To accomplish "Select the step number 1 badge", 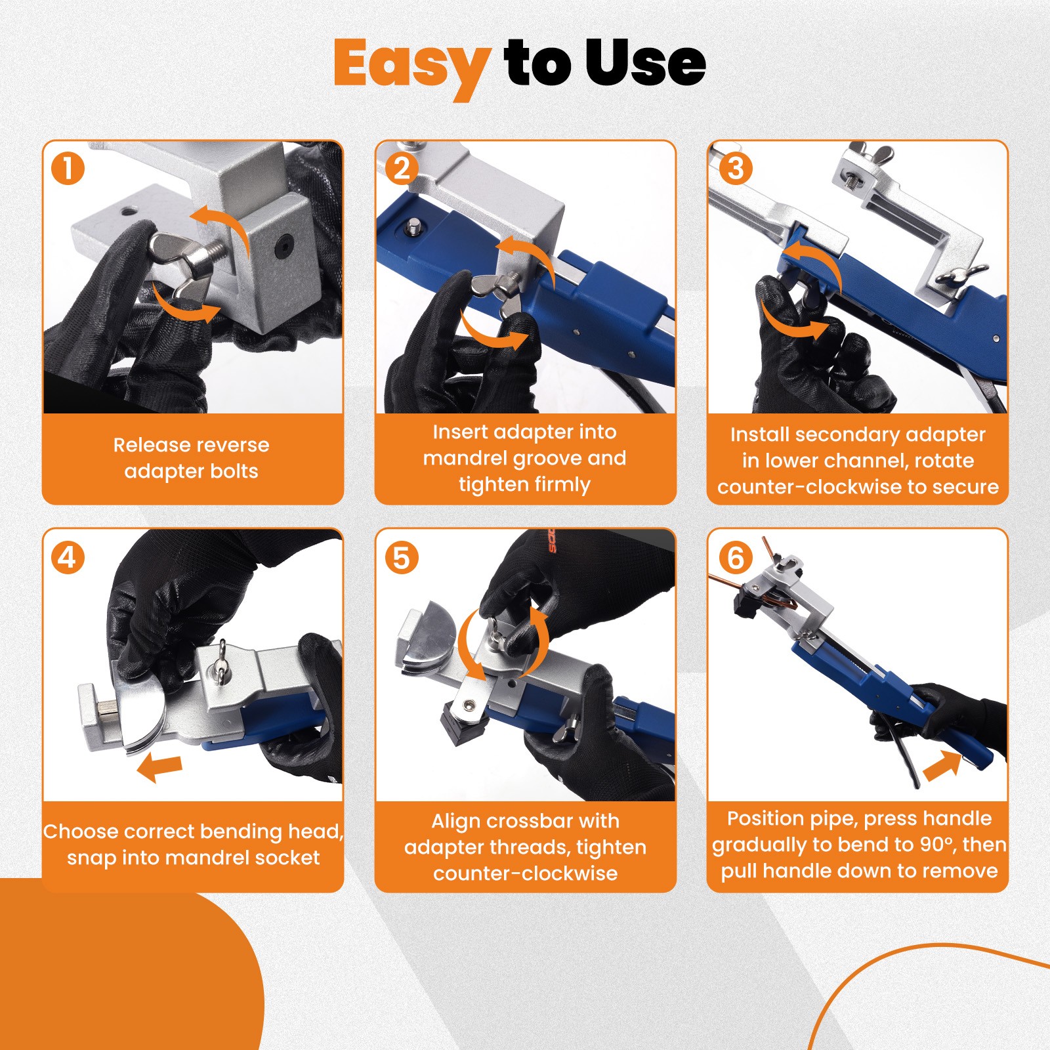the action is point(68,169).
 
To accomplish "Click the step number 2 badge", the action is point(402,169).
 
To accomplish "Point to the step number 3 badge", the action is point(735,169).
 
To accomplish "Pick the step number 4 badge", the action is point(68,558).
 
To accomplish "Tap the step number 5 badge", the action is point(402,558).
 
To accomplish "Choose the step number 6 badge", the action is point(735,558).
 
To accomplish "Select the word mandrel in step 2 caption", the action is point(465,458).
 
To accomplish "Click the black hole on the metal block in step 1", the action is point(283,247).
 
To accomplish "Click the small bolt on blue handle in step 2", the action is point(413,228).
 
